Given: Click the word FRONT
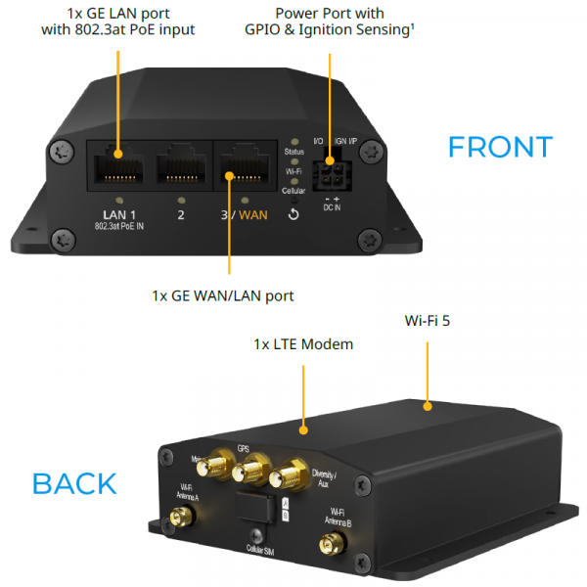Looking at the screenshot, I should [x=499, y=147].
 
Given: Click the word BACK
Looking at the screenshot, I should [x=74, y=483].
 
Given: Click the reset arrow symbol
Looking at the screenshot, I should [x=293, y=214].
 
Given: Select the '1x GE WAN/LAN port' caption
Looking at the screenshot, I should [x=223, y=294].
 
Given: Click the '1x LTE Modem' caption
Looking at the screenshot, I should [x=303, y=344].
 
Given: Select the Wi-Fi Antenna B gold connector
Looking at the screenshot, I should [x=332, y=542].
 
